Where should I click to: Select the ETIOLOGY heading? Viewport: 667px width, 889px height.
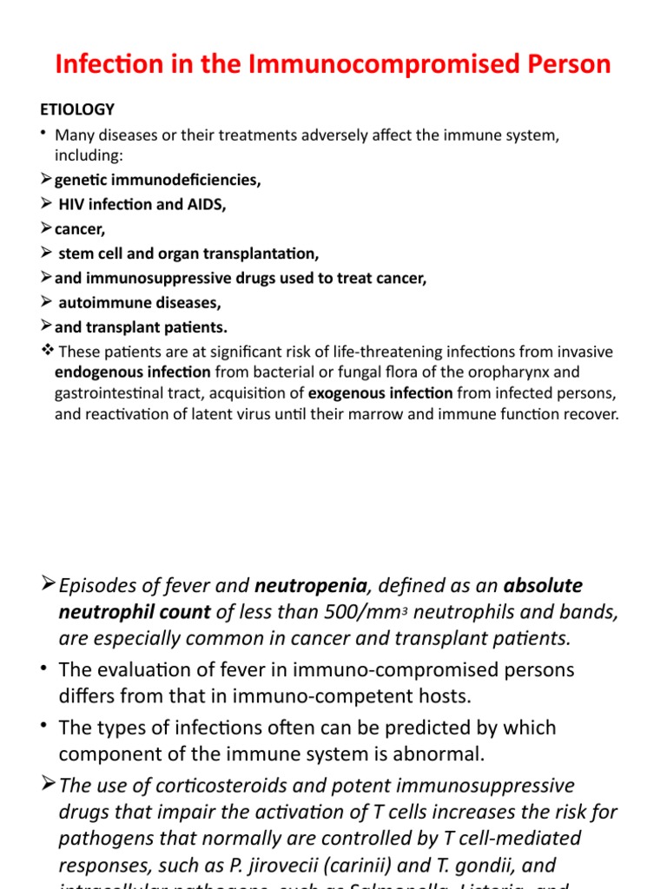click(x=77, y=109)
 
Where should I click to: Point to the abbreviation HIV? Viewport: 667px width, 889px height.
click(x=72, y=205)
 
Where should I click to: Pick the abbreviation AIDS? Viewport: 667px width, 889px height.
click(x=206, y=205)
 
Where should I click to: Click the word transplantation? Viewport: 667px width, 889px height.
click(x=265, y=254)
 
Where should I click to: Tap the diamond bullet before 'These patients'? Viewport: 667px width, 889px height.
click(x=47, y=352)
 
